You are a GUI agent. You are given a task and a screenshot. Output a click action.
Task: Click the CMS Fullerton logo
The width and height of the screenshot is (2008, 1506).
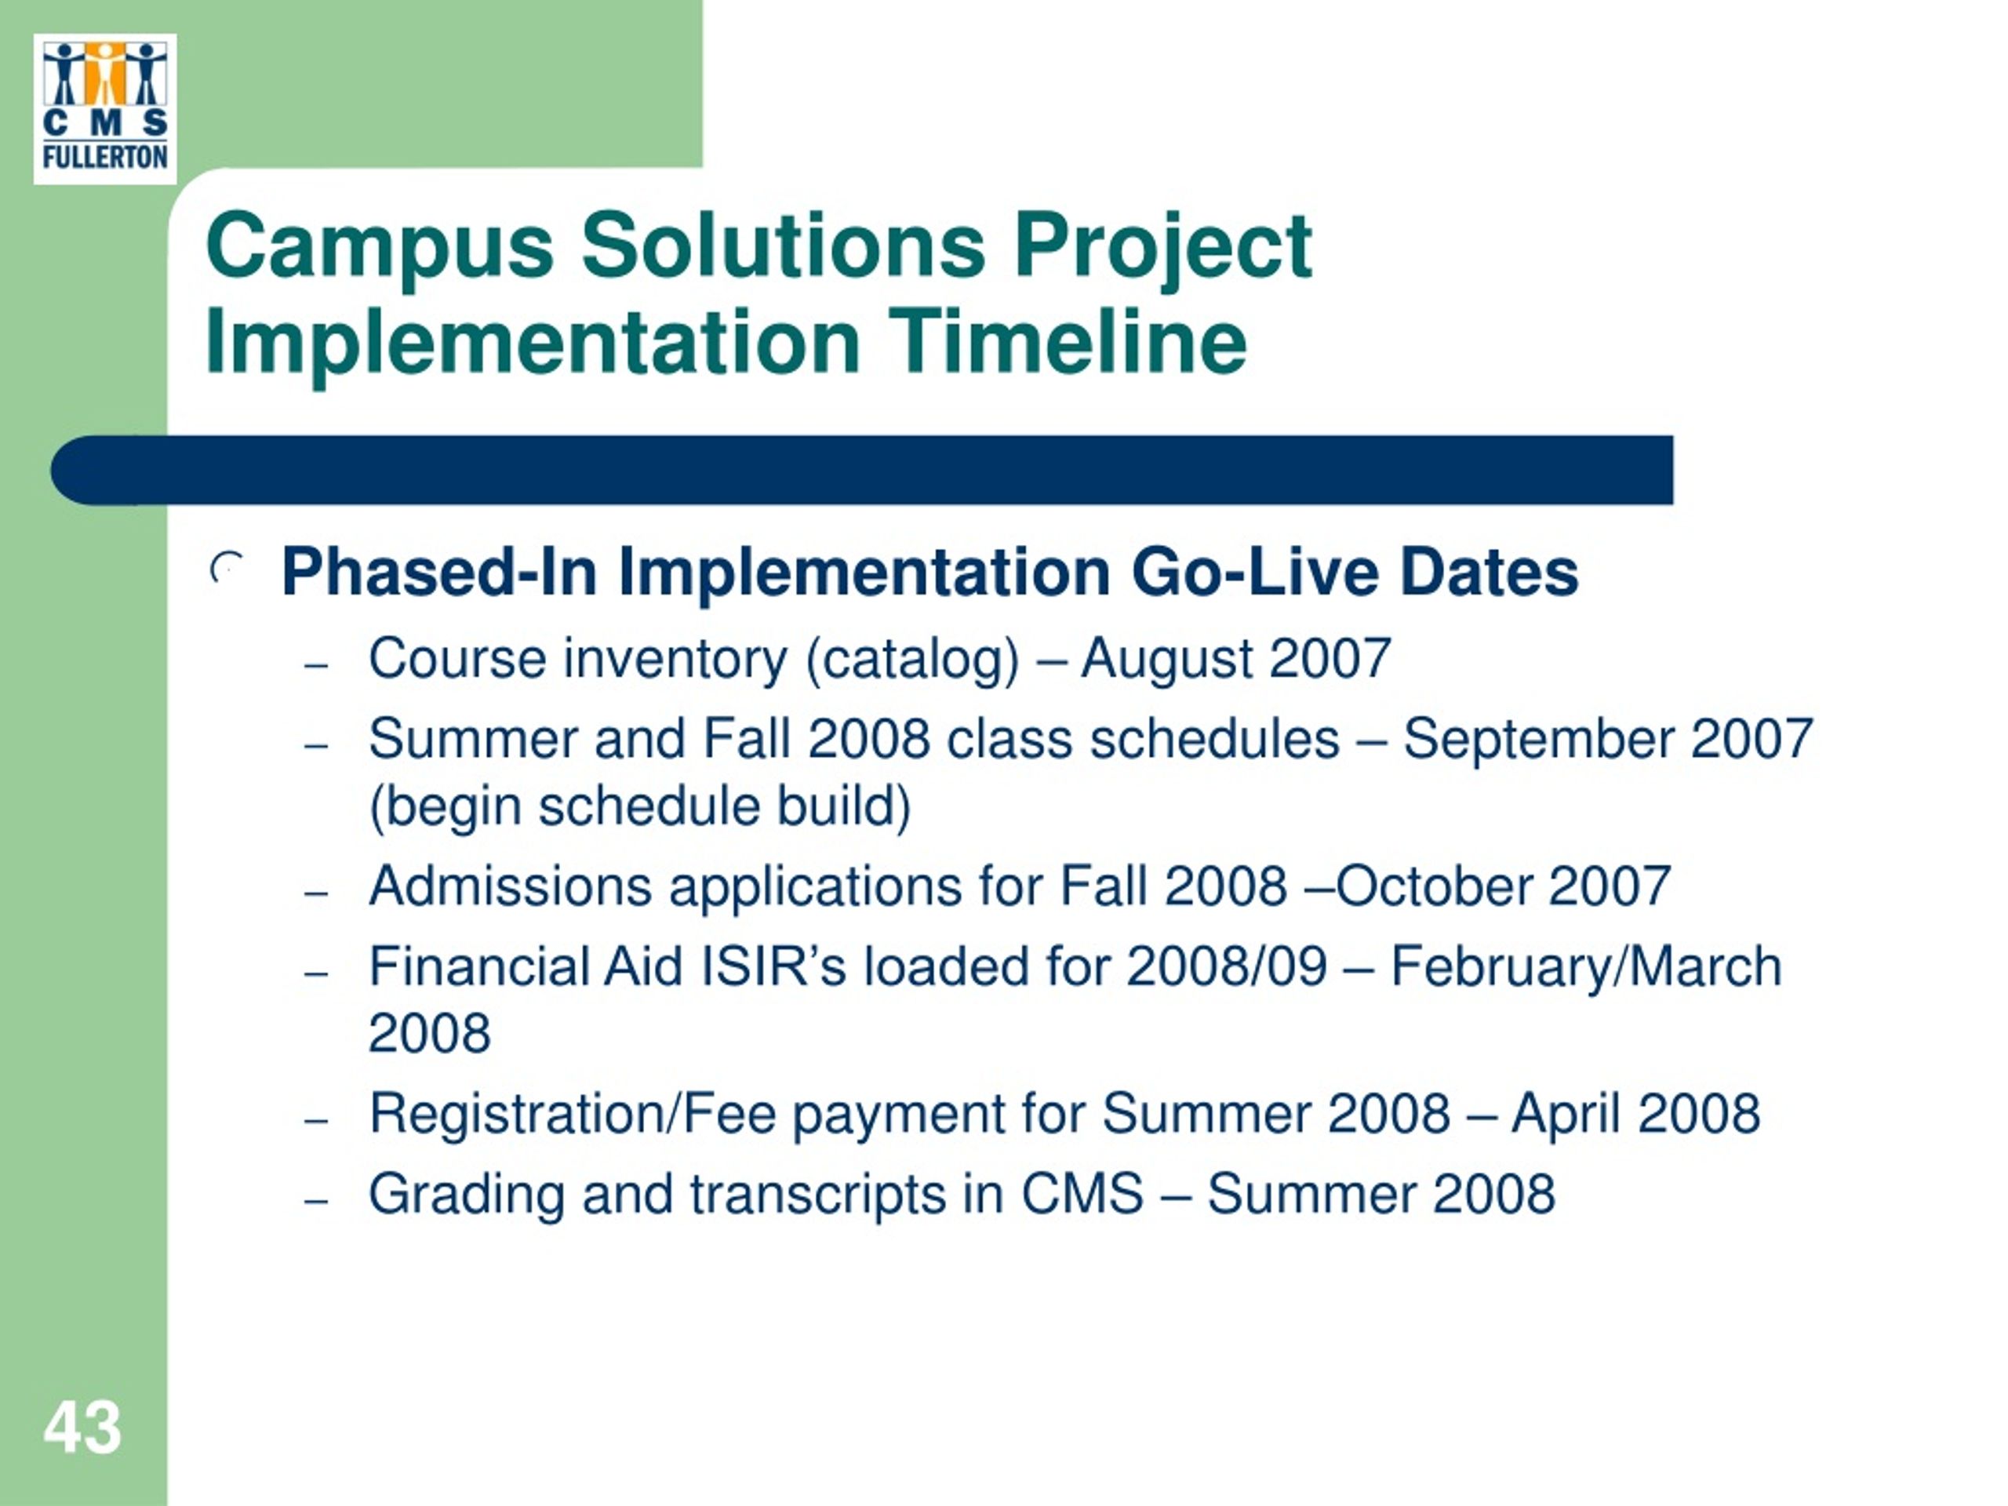coord(105,109)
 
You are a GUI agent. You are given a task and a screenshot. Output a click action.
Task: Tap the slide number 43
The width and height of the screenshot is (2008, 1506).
coord(82,1428)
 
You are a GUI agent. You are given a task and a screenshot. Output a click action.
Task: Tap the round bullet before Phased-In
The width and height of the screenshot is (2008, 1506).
coord(227,568)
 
